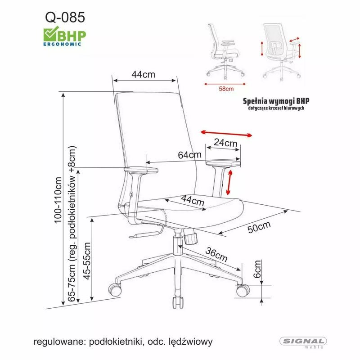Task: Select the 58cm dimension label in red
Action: coord(226,89)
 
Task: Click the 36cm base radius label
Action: coord(215,255)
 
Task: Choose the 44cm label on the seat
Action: coord(193,200)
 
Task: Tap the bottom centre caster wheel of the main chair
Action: coord(177,301)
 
